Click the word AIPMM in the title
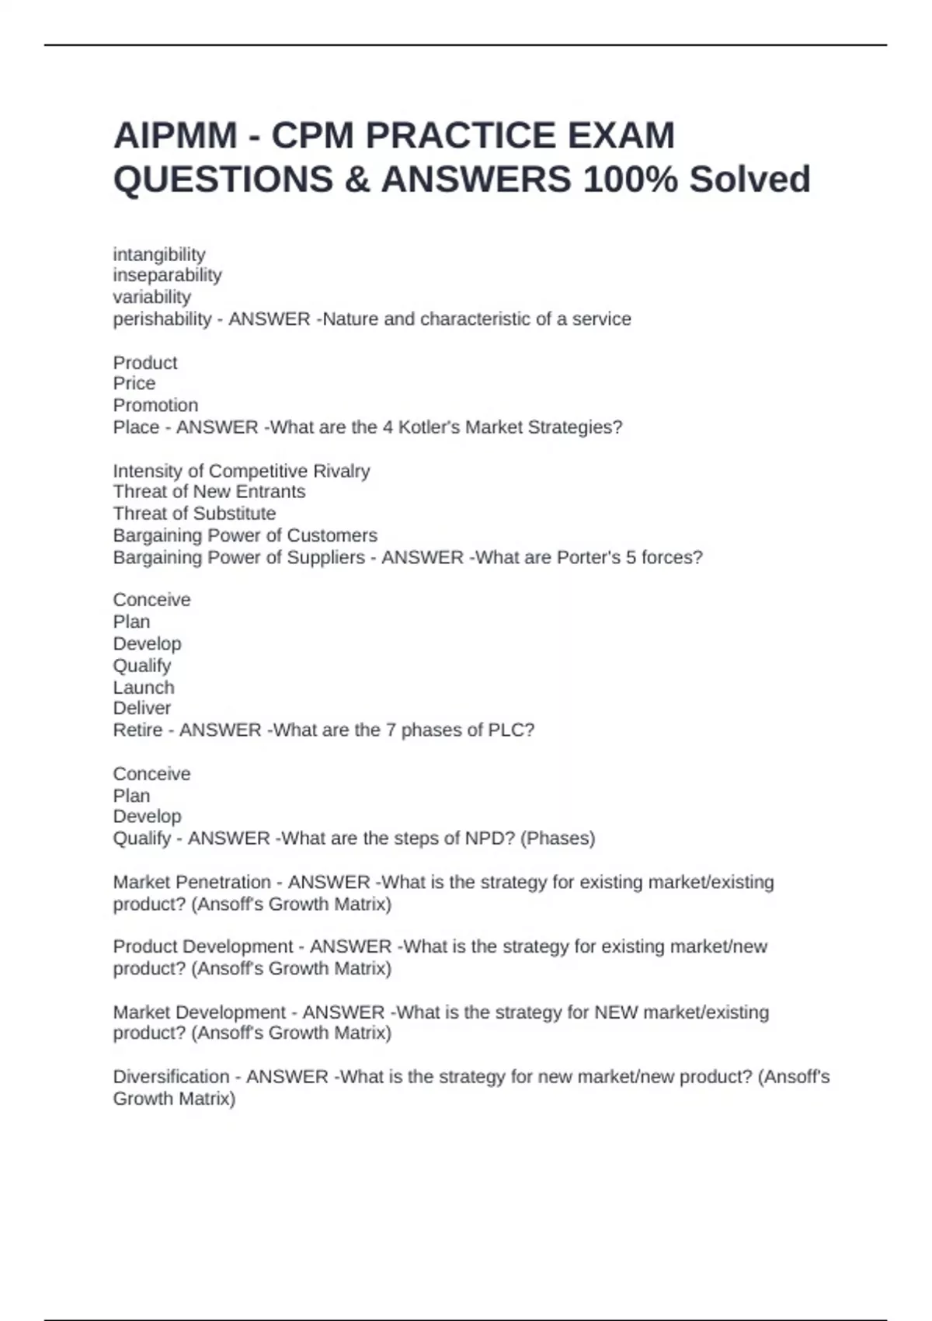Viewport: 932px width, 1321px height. tap(176, 136)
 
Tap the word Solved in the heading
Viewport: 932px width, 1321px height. tap(749, 180)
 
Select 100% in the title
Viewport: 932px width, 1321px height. tap(630, 180)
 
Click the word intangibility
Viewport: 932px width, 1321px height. tap(159, 255)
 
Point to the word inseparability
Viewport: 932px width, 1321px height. tap(167, 276)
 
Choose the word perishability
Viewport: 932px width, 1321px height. tap(162, 319)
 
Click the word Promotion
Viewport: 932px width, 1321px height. tap(155, 406)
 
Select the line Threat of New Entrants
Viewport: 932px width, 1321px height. tap(209, 492)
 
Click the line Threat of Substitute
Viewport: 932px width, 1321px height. tap(194, 514)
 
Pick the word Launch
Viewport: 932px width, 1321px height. tap(144, 688)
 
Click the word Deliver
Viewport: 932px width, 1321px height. tap(142, 709)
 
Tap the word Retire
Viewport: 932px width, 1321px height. tap(137, 730)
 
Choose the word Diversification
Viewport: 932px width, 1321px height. tap(171, 1077)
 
